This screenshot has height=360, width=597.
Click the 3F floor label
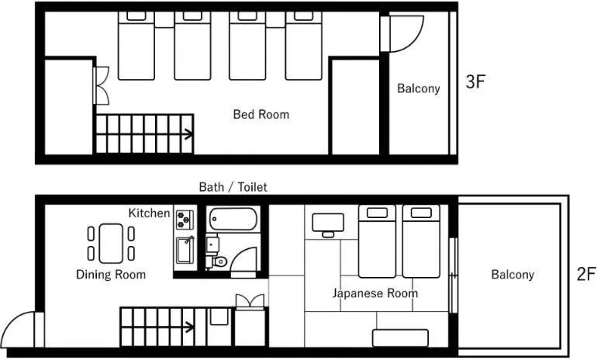[474, 82]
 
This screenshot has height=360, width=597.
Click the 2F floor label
[585, 274]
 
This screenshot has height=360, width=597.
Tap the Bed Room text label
[261, 115]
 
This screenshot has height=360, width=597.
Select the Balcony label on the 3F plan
[419, 88]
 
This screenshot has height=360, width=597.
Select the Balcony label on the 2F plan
[512, 275]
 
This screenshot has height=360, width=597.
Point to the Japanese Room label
[375, 293]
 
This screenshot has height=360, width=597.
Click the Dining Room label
[111, 275]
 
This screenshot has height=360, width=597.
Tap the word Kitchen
[149, 213]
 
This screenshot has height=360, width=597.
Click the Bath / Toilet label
[233, 187]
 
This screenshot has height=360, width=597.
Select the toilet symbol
[220, 261]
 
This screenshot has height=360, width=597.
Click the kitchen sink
[185, 251]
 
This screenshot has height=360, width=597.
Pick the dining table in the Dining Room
[112, 242]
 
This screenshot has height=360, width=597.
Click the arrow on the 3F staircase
[187, 134]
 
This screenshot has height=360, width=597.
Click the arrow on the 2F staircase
[187, 326]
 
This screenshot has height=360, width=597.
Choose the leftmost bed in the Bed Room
[137, 48]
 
